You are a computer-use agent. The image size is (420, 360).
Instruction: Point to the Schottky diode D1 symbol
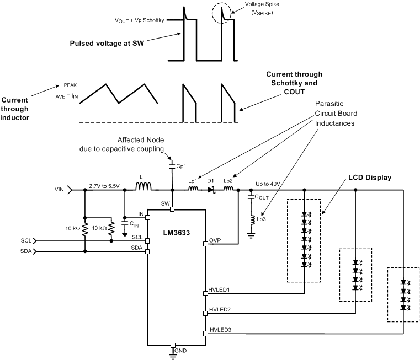click(210, 190)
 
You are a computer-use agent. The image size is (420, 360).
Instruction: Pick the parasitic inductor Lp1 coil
click(193, 190)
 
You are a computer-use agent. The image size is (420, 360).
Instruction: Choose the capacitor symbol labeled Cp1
click(173, 165)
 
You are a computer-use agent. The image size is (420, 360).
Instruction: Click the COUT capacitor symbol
click(251, 200)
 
